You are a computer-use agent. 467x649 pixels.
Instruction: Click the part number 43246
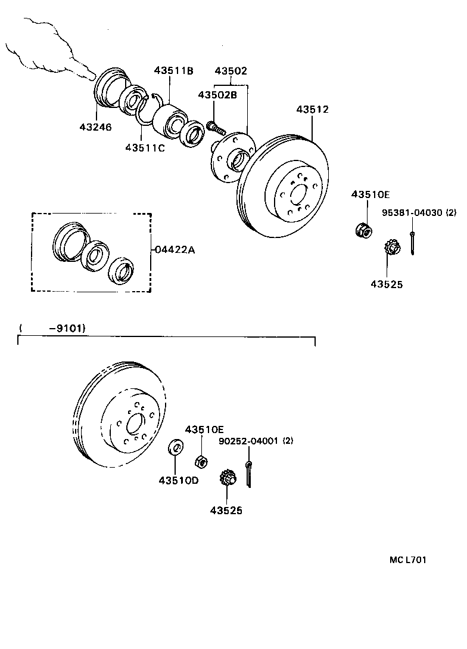pos(95,126)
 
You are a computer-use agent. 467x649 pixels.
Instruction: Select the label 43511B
pos(173,70)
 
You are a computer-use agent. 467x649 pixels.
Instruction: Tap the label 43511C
pos(144,147)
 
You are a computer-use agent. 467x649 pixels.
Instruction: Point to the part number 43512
pos(312,110)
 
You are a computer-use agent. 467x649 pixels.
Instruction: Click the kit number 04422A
pos(175,250)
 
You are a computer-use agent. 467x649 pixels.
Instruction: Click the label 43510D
pos(178,481)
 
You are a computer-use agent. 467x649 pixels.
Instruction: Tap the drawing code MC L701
pos(408,560)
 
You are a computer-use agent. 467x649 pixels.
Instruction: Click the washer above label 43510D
pos(176,447)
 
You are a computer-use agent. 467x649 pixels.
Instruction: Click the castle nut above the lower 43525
pos(228,478)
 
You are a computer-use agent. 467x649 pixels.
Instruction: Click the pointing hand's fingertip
pos(91,76)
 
